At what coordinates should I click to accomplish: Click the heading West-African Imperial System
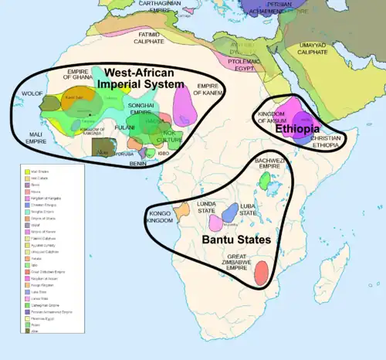(147, 78)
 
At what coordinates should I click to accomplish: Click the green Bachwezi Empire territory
(266, 181)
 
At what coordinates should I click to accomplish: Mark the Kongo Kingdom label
(160, 216)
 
